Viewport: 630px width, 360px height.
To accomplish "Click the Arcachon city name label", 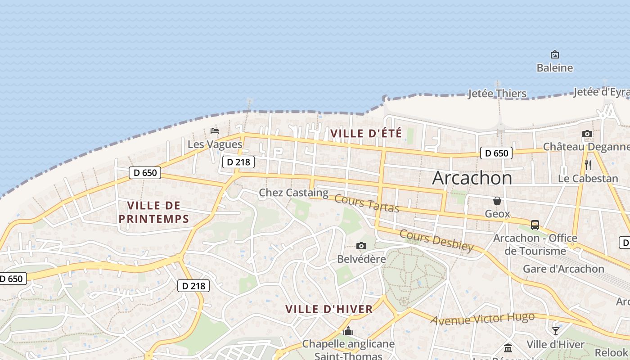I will coord(472,178).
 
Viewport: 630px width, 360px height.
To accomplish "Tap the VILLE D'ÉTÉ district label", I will coord(366,133).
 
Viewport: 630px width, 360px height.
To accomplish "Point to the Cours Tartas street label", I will coord(367,203).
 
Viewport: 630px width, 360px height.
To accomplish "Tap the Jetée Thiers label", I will coord(497,94).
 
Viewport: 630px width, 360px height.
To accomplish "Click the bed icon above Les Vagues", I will coord(215,131).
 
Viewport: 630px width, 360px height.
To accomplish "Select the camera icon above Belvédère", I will coord(361,246).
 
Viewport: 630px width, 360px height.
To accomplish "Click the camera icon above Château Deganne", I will coord(587,134).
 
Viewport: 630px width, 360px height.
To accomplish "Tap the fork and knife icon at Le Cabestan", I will coord(588,165).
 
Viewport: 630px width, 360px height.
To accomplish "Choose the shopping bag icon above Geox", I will coord(497,201).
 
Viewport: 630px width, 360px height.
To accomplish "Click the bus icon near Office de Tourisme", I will coord(535,225).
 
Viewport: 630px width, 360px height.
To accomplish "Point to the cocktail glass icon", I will coord(556,331).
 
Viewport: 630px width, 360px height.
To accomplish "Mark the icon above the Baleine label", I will coord(555,54).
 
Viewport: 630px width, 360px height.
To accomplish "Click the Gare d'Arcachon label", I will coord(563,269).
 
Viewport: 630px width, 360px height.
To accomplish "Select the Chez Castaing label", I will coord(293,193).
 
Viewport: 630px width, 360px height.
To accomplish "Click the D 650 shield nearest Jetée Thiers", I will coord(497,153).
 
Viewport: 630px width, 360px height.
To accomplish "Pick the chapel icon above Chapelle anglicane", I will coord(348,331).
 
